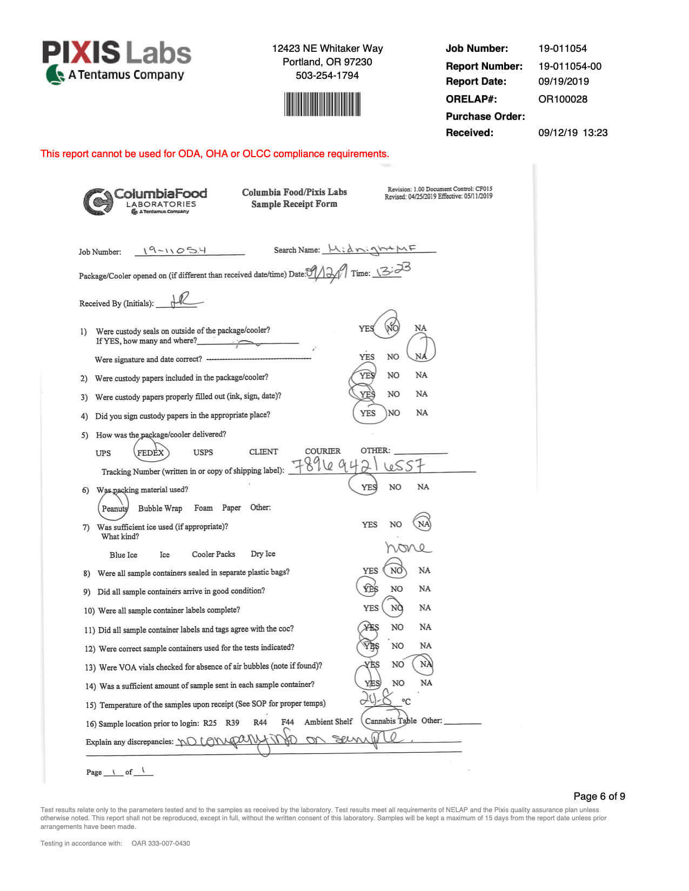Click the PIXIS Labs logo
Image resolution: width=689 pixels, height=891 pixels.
pos(116,62)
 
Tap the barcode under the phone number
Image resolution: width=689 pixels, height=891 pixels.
pos(322,104)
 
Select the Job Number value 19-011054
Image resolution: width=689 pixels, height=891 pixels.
pos(562,49)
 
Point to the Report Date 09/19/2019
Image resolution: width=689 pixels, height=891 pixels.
pos(563,82)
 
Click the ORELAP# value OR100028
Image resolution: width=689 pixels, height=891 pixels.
pos(563,99)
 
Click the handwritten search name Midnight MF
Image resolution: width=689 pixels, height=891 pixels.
pos(372,249)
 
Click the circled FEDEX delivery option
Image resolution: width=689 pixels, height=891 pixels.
pos(151,453)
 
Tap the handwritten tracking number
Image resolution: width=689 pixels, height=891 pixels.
pos(358,465)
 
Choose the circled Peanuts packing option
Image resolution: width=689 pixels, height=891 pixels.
pos(114,508)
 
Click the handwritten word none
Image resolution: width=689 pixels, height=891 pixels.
pos(407,548)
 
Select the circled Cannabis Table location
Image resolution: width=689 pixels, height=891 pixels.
pos(390,721)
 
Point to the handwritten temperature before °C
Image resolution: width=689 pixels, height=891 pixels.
pos(376,699)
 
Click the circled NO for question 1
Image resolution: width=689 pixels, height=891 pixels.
pos(392,327)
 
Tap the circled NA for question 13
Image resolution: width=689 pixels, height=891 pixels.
pos(426,664)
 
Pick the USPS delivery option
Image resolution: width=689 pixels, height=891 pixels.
pos(203,453)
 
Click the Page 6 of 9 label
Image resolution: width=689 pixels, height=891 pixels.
pos(599,796)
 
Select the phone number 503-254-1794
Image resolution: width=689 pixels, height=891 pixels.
pos(327,76)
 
